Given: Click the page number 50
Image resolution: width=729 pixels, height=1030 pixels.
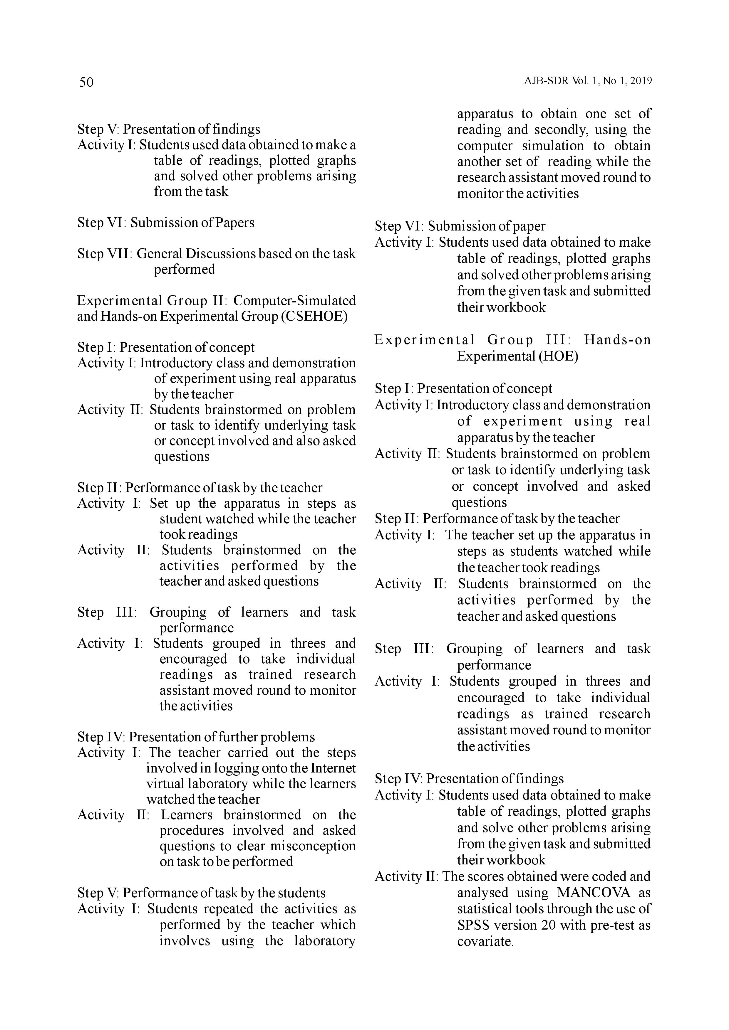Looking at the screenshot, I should tap(86, 82).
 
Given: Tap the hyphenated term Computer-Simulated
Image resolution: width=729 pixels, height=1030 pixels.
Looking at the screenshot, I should tap(294, 301).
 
